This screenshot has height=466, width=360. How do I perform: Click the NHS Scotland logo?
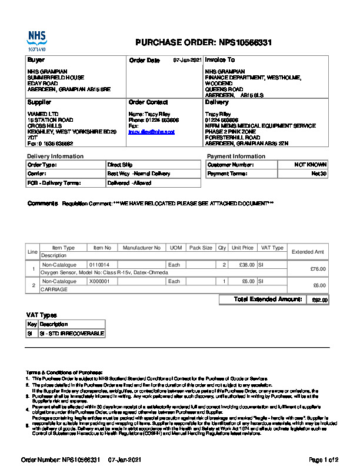click(x=36, y=41)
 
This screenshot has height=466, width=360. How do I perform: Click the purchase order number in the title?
click(x=245, y=43)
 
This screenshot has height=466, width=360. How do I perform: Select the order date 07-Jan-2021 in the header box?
click(x=188, y=61)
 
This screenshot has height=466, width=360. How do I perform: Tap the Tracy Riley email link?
click(x=151, y=132)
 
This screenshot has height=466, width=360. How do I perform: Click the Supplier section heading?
click(x=39, y=102)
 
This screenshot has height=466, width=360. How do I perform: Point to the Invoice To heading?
click(x=220, y=60)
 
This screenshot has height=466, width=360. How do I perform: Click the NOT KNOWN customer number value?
click(x=311, y=165)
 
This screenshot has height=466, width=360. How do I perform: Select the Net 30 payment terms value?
click(x=319, y=174)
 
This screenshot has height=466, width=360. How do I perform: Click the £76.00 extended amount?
click(x=318, y=269)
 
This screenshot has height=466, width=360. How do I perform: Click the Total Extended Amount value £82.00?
click(x=319, y=300)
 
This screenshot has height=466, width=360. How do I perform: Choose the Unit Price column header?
click(x=242, y=248)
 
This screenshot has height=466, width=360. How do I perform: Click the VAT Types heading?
click(x=42, y=315)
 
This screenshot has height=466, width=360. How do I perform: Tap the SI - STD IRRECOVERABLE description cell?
click(x=71, y=334)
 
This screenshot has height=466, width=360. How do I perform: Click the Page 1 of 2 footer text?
click(x=324, y=459)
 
